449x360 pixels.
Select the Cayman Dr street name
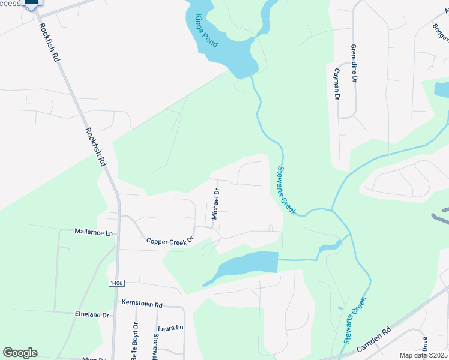(337, 84)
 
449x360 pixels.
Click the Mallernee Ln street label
(94, 232)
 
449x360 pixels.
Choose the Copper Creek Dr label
(171, 240)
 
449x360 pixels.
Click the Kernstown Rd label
(142, 305)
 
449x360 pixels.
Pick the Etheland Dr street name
(92, 314)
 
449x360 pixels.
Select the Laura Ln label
(170, 328)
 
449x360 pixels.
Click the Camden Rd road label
(373, 339)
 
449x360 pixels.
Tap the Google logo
(20, 353)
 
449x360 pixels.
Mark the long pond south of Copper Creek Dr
(249, 264)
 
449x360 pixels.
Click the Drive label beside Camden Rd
(424, 344)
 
